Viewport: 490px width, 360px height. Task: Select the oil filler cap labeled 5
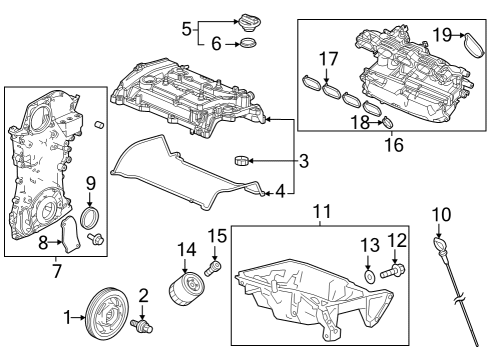[x=247, y=22]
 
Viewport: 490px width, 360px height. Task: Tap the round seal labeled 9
[x=90, y=218]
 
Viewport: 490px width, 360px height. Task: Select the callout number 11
[x=320, y=212]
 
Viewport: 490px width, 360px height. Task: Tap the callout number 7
[x=57, y=269]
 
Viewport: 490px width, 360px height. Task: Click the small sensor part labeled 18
[x=388, y=124]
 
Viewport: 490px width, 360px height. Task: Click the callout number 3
[x=303, y=160]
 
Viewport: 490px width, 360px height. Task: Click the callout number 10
[x=442, y=212]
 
